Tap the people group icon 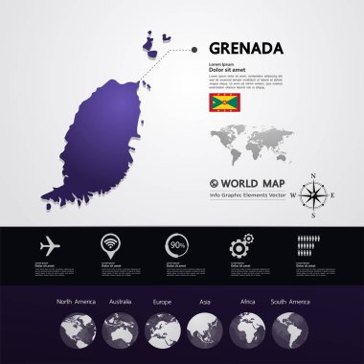(x=307, y=245)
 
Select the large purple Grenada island (x=105, y=134)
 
